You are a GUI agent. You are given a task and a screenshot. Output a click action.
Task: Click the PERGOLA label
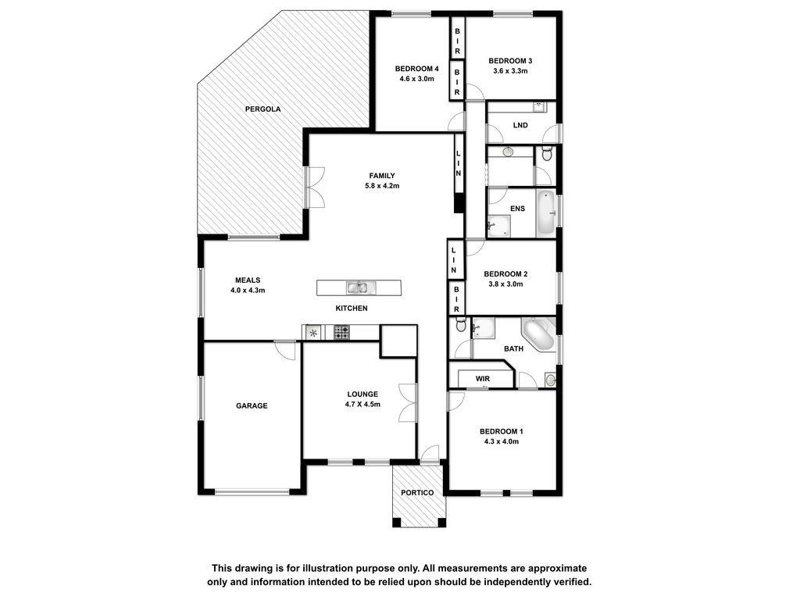coord(262,109)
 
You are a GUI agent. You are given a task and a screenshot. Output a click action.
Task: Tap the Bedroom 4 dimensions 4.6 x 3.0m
coord(417,79)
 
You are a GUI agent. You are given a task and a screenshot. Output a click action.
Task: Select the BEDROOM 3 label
coord(510,61)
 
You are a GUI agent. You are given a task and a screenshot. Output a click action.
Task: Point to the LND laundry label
coord(520,125)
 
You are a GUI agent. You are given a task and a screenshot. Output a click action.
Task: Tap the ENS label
coord(517,209)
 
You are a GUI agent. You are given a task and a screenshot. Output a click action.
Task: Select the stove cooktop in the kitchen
coord(342,333)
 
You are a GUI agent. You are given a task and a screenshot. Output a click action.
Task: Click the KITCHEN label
coord(352,308)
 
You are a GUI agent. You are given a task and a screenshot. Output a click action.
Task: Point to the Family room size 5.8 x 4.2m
coord(382,186)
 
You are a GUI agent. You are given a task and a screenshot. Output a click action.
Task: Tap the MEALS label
coord(248,280)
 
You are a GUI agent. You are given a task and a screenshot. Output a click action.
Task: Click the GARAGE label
coord(252,406)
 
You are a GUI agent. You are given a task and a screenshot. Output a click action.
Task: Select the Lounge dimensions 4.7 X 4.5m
coord(362,405)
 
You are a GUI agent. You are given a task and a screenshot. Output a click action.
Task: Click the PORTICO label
coord(417,493)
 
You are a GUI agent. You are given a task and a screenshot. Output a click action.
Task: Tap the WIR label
coord(483,379)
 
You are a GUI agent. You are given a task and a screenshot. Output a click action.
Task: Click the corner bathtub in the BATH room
coord(539,334)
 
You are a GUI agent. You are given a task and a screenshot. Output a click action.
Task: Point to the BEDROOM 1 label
coord(502,431)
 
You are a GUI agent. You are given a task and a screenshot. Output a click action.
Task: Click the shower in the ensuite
coord(498,227)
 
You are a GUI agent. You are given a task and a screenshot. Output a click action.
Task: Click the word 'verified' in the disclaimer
coord(573,582)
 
